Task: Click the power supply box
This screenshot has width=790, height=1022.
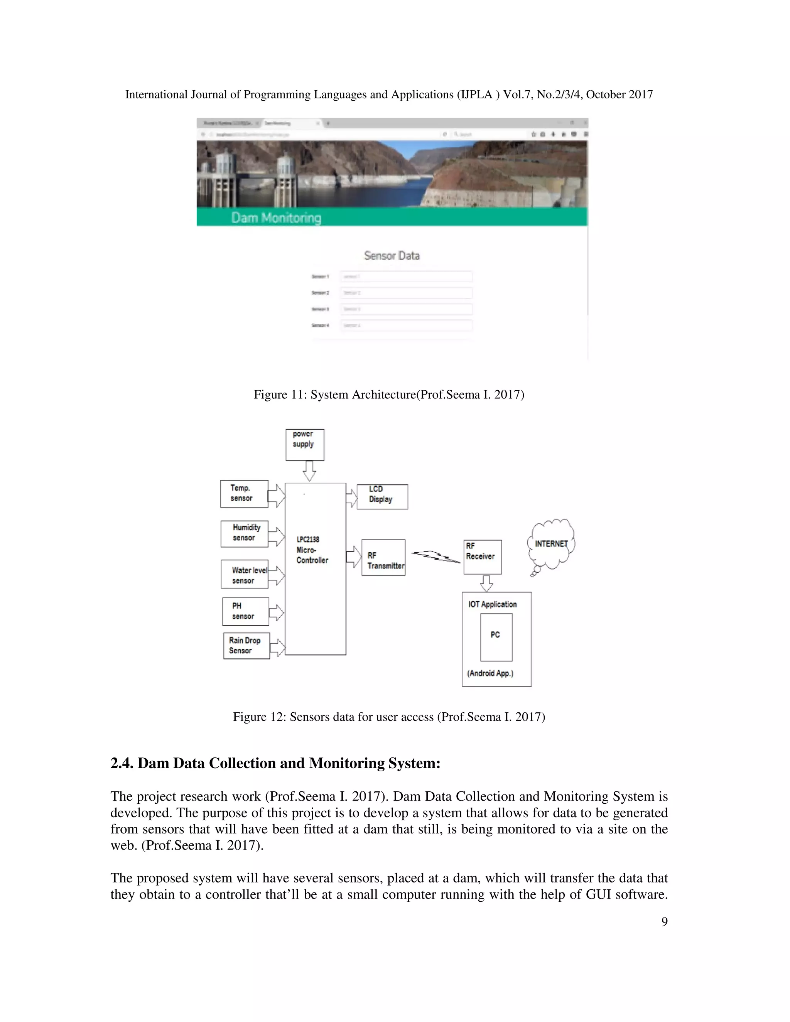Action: (x=305, y=445)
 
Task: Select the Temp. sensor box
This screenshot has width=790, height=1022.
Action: (x=244, y=494)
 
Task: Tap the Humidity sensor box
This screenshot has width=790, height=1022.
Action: (x=244, y=533)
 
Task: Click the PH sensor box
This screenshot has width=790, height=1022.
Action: (x=245, y=611)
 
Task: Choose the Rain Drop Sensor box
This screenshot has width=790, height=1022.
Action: (x=246, y=646)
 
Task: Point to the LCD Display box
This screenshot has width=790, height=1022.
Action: (x=382, y=496)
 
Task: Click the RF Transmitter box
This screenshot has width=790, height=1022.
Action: (x=383, y=557)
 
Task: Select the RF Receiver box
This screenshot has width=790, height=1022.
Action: (x=483, y=557)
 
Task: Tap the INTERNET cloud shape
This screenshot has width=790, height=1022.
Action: (x=551, y=544)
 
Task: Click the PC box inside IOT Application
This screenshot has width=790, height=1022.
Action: (x=496, y=637)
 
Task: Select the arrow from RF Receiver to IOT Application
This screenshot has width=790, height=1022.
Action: (x=487, y=583)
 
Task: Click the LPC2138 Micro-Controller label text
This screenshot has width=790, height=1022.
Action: (x=312, y=550)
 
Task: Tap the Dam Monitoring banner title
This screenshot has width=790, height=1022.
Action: (x=276, y=218)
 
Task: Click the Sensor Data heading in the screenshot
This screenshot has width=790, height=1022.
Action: (x=392, y=255)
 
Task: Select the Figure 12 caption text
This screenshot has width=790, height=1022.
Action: (x=389, y=717)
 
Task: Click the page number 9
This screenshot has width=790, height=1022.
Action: (x=664, y=921)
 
